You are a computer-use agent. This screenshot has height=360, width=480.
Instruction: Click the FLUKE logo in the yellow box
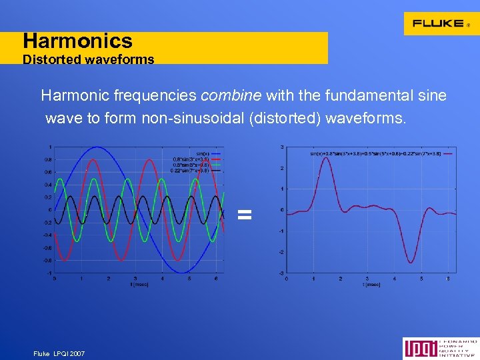[x=438, y=23]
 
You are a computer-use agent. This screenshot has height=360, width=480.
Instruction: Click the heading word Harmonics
[x=77, y=41]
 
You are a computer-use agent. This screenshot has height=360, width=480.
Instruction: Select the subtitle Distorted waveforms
[x=88, y=59]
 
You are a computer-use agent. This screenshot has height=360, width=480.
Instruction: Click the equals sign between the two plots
[x=245, y=214]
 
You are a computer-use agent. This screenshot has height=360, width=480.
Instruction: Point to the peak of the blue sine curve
[x=97, y=147]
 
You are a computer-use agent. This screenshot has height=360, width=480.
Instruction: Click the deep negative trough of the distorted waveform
[x=411, y=261]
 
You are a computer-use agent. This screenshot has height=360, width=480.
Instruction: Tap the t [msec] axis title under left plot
[x=139, y=285]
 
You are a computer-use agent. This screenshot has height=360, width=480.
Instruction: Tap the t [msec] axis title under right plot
[x=371, y=285]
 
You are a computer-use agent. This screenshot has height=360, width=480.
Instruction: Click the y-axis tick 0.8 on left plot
[x=47, y=159]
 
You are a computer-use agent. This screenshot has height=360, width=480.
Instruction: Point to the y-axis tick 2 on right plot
[x=281, y=168]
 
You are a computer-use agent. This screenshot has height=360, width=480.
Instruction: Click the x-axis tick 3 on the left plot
[x=135, y=278]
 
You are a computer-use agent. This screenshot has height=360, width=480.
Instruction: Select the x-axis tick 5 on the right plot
[x=421, y=278]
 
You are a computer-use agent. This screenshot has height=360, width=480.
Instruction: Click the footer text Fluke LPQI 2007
[x=59, y=353]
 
